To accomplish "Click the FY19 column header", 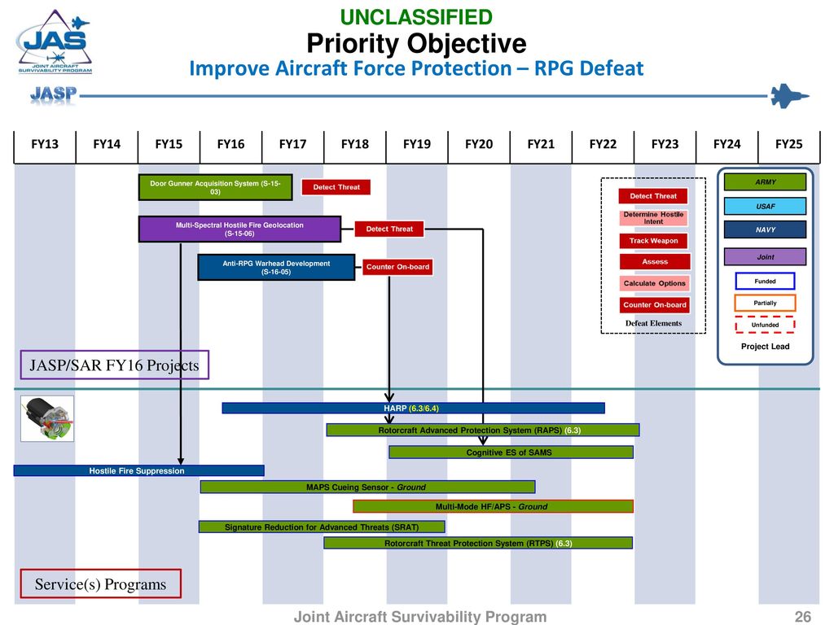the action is click(x=416, y=145).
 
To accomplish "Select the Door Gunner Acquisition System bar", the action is click(x=215, y=188).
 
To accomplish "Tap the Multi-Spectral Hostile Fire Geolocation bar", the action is click(x=239, y=229).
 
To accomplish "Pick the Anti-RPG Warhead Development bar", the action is click(x=276, y=267).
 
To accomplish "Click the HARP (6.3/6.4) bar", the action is click(x=413, y=409).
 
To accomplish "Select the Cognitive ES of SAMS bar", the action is click(x=511, y=452).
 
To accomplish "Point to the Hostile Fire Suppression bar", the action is click(x=138, y=471).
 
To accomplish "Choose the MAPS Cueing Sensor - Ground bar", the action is click(x=367, y=487).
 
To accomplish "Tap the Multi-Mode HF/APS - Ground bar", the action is click(x=493, y=506).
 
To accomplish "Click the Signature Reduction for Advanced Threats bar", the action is click(x=322, y=527).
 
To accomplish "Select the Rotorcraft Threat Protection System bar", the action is click(x=478, y=543).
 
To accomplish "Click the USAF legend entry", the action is click(x=765, y=206).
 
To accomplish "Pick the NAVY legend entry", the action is click(x=765, y=229).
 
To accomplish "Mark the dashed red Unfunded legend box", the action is click(x=765, y=325).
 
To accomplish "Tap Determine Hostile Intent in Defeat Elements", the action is click(x=653, y=218).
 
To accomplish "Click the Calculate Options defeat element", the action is click(x=654, y=283).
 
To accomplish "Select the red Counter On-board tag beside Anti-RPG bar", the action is click(x=397, y=267).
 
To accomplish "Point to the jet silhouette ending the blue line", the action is click(x=790, y=96).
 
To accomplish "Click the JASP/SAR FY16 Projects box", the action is click(x=114, y=365).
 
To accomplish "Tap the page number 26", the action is click(x=802, y=617).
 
